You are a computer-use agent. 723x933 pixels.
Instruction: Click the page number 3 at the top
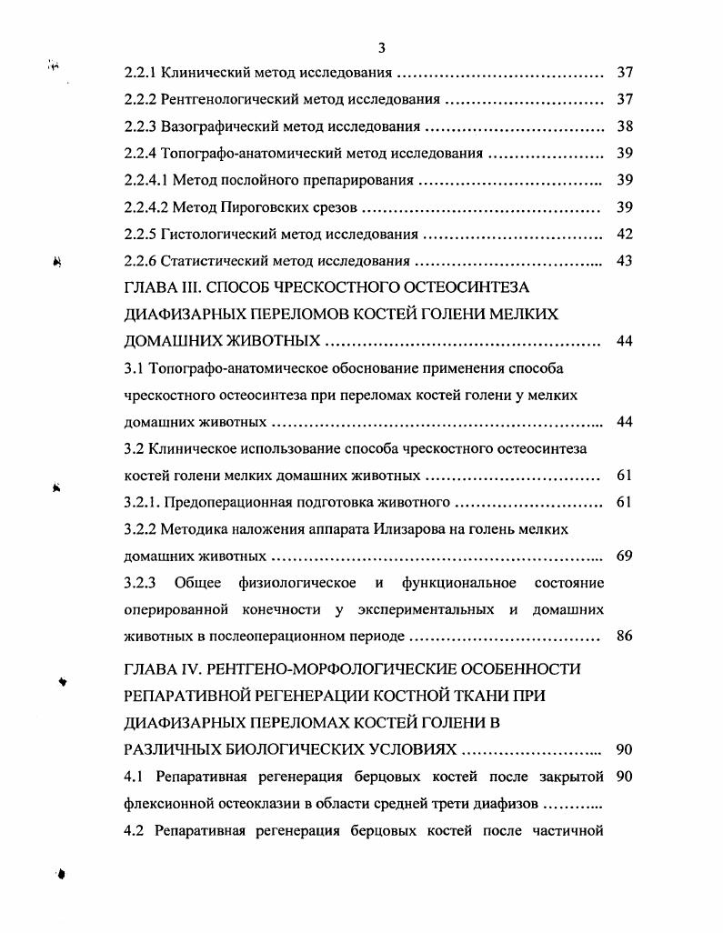[382, 48]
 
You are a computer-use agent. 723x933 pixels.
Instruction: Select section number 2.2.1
[140, 73]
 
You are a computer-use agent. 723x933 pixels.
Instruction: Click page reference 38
[624, 126]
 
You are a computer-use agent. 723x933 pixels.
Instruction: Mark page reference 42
[624, 235]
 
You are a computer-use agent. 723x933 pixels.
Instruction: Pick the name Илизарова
[411, 529]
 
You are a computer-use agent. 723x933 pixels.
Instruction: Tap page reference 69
[624, 556]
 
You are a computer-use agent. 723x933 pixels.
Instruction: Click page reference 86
[624, 637]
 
